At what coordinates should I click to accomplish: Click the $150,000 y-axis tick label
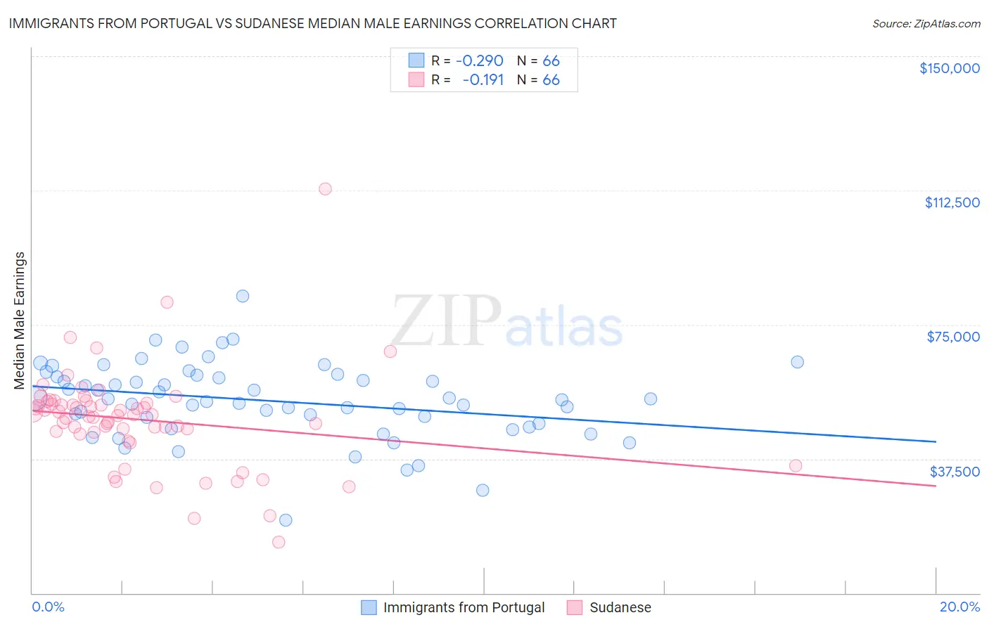(x=949, y=68)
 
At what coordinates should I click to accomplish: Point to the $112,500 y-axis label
(x=952, y=202)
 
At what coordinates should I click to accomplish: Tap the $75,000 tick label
(x=953, y=337)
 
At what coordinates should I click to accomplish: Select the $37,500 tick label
(x=955, y=472)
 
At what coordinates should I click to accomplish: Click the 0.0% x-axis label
(x=48, y=607)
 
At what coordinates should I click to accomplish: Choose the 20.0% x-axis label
(x=959, y=607)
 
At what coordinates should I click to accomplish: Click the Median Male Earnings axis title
(x=20, y=320)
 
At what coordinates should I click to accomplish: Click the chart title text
(x=312, y=23)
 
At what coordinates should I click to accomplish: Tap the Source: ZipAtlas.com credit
(x=926, y=24)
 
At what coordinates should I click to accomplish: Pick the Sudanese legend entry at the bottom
(x=620, y=607)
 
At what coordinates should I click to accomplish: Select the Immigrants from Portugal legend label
(x=464, y=607)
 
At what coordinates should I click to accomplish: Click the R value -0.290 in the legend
(x=480, y=61)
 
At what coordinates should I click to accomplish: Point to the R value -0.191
(x=483, y=80)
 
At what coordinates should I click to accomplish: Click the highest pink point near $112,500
(x=325, y=189)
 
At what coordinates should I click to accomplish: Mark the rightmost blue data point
(x=797, y=362)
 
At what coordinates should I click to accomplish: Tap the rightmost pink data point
(x=796, y=465)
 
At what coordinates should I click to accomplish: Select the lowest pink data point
(x=279, y=542)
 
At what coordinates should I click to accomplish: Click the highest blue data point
(x=243, y=296)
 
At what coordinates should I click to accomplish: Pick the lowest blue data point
(x=286, y=520)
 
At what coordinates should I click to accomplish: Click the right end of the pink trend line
(x=936, y=486)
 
